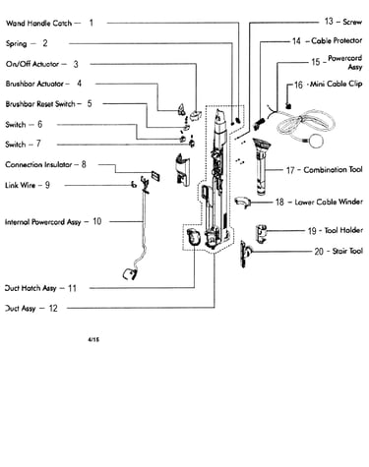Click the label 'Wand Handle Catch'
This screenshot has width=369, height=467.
tap(38, 24)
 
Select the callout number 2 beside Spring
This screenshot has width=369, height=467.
tap(45, 43)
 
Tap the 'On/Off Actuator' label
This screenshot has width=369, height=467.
tap(32, 64)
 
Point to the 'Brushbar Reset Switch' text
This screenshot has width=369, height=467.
tap(40, 104)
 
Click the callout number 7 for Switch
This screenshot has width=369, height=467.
tap(38, 144)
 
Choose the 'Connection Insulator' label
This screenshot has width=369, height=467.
tap(38, 164)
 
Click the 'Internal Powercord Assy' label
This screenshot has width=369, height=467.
tap(43, 222)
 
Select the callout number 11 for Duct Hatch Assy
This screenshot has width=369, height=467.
tap(72, 288)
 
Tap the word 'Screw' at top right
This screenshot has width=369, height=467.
tap(352, 22)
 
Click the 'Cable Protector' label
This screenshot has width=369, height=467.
tap(337, 40)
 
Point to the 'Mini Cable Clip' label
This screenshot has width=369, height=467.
tap(337, 84)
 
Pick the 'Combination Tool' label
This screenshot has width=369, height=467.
tap(333, 170)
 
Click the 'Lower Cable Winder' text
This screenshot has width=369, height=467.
tap(329, 202)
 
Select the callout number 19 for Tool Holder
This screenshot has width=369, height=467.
tap(312, 231)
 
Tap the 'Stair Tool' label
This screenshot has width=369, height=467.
tap(347, 251)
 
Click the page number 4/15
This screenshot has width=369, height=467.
tap(93, 340)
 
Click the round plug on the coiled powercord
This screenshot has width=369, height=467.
tap(316, 141)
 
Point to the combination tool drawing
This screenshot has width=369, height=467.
tap(262, 167)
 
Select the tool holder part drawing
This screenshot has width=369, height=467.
tap(261, 234)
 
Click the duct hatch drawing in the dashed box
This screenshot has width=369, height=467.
tap(193, 237)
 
